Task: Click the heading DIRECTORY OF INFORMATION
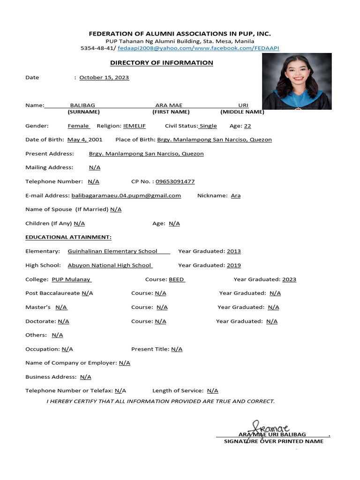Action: coord(161,63)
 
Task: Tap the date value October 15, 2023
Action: coord(104,77)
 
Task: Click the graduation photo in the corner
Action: coord(296,81)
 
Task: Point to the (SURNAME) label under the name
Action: coord(83,112)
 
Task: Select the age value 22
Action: coord(247,126)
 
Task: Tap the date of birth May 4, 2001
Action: coord(85,140)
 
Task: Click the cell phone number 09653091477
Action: coord(175,181)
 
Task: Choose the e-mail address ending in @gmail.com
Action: coord(126,195)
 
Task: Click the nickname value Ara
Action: coord(236,195)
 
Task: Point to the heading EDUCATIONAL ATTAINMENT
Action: coord(68,237)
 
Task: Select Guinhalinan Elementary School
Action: coord(112,251)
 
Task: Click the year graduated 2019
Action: coord(234,265)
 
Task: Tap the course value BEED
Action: coord(176,279)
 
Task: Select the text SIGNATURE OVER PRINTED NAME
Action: coord(273,442)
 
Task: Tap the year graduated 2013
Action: coord(234,251)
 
